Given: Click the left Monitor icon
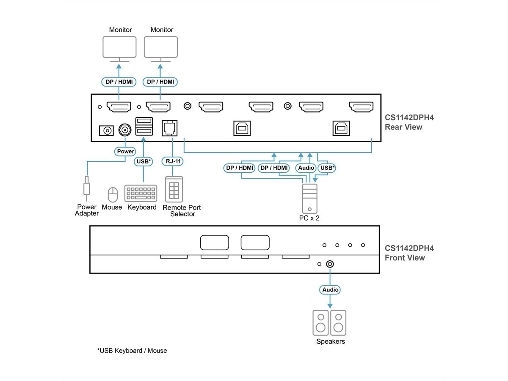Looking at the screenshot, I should pyautogui.click(x=120, y=47).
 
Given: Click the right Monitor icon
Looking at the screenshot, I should pyautogui.click(x=161, y=47).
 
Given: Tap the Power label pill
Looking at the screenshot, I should pyautogui.click(x=125, y=151).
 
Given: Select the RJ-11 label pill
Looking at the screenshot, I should pyautogui.click(x=172, y=161).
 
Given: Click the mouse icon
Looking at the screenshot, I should pyautogui.click(x=112, y=195).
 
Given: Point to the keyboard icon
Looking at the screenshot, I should pyautogui.click(x=141, y=193).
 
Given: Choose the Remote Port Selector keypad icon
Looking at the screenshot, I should pyautogui.click(x=174, y=189).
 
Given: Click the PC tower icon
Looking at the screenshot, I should pyautogui.click(x=309, y=198).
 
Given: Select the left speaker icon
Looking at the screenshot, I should pyautogui.click(x=320, y=322).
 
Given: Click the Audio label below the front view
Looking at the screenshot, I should pyautogui.click(x=330, y=290).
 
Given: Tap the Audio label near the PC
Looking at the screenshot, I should pyautogui.click(x=306, y=168).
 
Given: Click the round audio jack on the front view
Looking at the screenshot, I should pyautogui.click(x=330, y=264).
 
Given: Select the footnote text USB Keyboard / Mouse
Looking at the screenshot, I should pyautogui.click(x=132, y=351).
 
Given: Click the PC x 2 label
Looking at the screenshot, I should pyautogui.click(x=309, y=218).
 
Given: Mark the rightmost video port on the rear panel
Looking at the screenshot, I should pyautogui.click(x=361, y=107).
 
